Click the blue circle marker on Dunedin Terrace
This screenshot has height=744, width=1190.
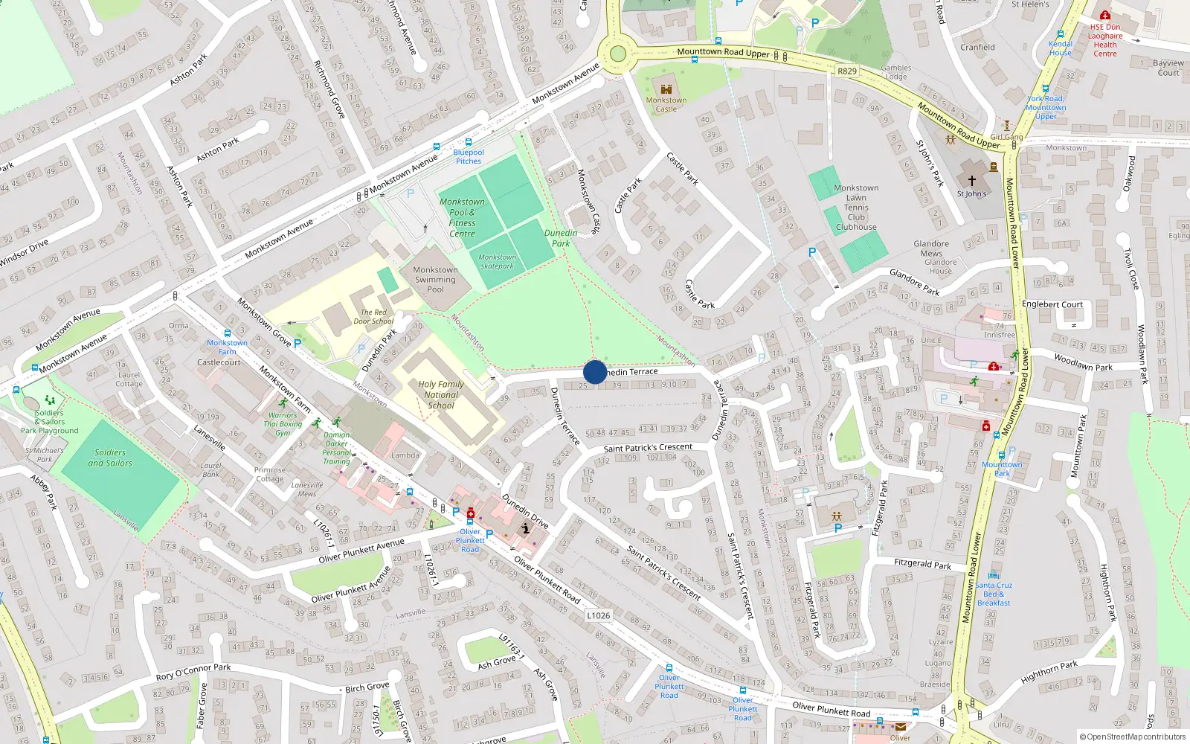pyautogui.click(x=595, y=372)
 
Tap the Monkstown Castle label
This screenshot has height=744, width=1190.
pyautogui.click(x=666, y=105)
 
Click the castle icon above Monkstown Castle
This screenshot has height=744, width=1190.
pyautogui.click(x=666, y=89)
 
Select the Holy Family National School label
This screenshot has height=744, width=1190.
pyautogui.click(x=441, y=395)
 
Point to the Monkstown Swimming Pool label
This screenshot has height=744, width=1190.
pyautogui.click(x=435, y=280)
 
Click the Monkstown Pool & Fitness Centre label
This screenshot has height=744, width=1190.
pyautogui.click(x=462, y=217)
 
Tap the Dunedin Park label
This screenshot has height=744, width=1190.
pyautogui.click(x=561, y=238)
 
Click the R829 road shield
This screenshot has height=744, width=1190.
pyautogui.click(x=846, y=71)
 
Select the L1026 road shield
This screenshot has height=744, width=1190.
pyautogui.click(x=598, y=615)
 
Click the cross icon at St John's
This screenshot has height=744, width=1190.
pyautogui.click(x=971, y=181)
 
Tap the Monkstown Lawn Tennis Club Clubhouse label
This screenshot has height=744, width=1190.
pyautogui.click(x=856, y=208)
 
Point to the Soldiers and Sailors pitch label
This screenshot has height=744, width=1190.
pyautogui.click(x=110, y=458)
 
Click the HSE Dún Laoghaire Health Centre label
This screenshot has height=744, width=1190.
pyautogui.click(x=1105, y=40)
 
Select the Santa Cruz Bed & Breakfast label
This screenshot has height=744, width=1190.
pyautogui.click(x=994, y=594)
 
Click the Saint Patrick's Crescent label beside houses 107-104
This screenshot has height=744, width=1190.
pyautogui.click(x=648, y=448)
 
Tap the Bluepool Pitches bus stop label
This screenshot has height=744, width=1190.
pyautogui.click(x=469, y=156)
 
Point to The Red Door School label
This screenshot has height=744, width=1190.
pyautogui.click(x=373, y=317)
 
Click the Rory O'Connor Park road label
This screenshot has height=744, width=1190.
pyautogui.click(x=193, y=672)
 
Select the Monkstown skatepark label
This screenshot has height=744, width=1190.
pyautogui.click(x=497, y=261)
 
